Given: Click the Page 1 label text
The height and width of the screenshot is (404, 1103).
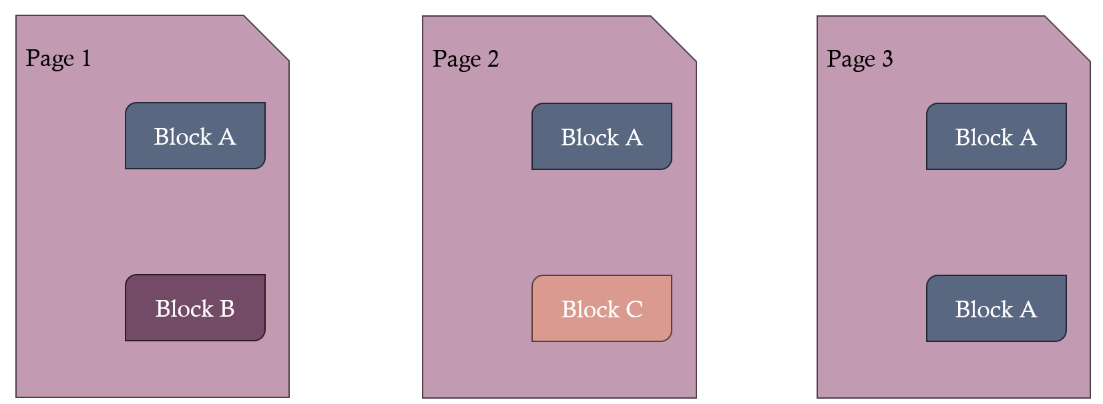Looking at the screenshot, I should pyautogui.click(x=58, y=59).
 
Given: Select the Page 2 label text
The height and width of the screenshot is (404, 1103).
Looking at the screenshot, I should pyautogui.click(x=465, y=59).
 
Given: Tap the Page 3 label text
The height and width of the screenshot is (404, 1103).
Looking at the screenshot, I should pyautogui.click(x=859, y=59).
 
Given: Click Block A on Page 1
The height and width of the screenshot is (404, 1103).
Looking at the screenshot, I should pyautogui.click(x=195, y=136).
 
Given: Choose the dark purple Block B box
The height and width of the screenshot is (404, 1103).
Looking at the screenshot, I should pyautogui.click(x=195, y=308).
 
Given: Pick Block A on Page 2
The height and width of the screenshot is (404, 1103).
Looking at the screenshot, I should pyautogui.click(x=602, y=137).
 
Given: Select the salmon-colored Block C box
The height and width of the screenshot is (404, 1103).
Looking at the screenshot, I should pyautogui.click(x=602, y=309).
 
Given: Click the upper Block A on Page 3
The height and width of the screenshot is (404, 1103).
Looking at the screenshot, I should pyautogui.click(x=996, y=137).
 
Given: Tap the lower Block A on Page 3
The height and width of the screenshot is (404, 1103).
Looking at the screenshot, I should pyautogui.click(x=996, y=309).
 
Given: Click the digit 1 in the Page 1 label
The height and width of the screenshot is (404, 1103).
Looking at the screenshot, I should pyautogui.click(x=85, y=58).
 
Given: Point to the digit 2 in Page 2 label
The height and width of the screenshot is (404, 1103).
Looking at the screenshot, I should pyautogui.click(x=493, y=59).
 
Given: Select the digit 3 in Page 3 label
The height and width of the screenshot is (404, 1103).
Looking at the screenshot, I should pyautogui.click(x=887, y=59).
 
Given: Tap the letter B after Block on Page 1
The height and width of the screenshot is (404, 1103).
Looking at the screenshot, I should pyautogui.click(x=227, y=309).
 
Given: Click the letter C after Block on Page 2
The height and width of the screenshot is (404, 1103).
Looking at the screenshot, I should pyautogui.click(x=634, y=309).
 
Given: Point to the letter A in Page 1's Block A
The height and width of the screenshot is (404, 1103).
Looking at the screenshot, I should pyautogui.click(x=227, y=137).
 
